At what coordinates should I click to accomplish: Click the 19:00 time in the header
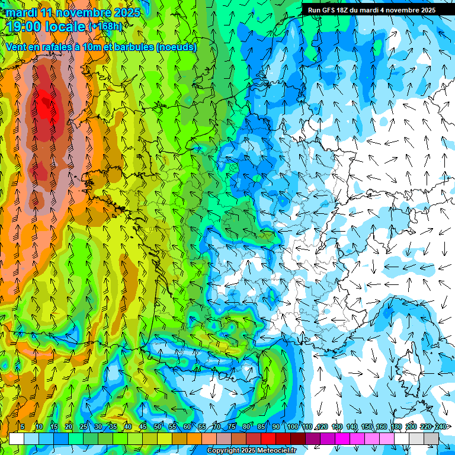pyautogui.click(x=29, y=27)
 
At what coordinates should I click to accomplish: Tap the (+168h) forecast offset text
pyautogui.click(x=105, y=27)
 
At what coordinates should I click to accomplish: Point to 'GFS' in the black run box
pyautogui.click(x=330, y=10)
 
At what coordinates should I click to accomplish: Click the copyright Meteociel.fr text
pyautogui.click(x=252, y=451)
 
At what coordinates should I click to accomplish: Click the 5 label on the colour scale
pyautogui.click(x=22, y=427)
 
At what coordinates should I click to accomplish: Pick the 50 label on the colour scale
pyautogui.click(x=158, y=427)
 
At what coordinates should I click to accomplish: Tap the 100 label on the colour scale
pyautogui.click(x=292, y=427)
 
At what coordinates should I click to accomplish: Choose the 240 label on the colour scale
pyautogui.click(x=440, y=427)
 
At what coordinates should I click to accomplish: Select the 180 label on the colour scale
pyautogui.click(x=396, y=427)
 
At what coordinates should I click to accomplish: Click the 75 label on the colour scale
pyautogui.click(x=231, y=427)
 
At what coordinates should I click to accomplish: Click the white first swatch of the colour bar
pyautogui.click(x=17, y=439)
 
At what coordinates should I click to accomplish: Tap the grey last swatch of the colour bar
pyautogui.click(x=431, y=439)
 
